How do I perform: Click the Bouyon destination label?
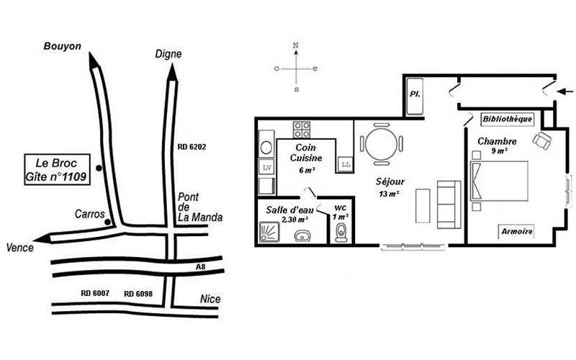(x=62, y=46)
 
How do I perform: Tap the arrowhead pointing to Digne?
(x=172, y=73)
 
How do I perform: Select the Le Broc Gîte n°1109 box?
(x=58, y=169)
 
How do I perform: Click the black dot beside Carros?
(x=107, y=222)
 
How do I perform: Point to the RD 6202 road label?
(x=192, y=147)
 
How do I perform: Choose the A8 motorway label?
(x=200, y=267)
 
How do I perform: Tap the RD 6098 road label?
(x=138, y=294)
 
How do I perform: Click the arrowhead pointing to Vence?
(x=43, y=239)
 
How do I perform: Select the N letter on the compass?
(x=296, y=45)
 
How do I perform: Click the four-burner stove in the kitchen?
(x=302, y=130)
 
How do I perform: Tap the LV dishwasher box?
(x=267, y=168)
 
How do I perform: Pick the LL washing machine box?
(x=346, y=164)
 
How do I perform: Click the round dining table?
(x=382, y=144)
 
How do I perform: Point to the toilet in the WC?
(x=341, y=232)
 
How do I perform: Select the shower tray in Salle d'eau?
(x=269, y=232)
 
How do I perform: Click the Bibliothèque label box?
(x=507, y=119)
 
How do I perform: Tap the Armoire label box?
(x=517, y=231)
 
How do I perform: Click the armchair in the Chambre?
(x=542, y=140)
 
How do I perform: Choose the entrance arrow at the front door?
(x=566, y=91)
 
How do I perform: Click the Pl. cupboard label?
(x=415, y=94)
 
